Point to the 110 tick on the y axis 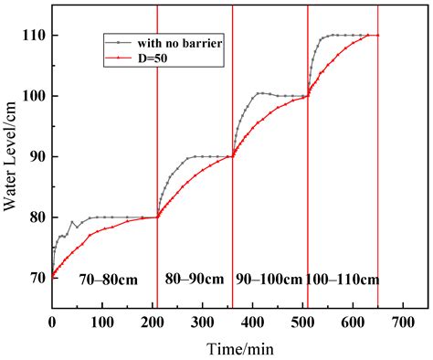tap(34, 35)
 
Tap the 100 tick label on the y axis tap(34, 96)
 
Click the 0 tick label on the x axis tap(52, 322)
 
